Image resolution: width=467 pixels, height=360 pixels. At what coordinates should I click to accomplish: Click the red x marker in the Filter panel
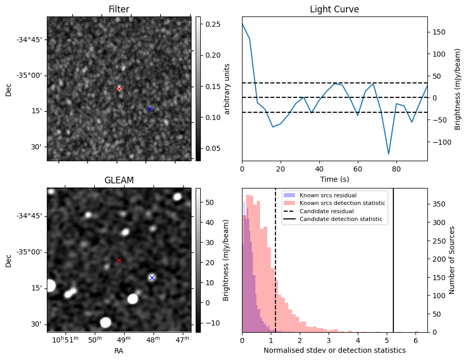119,89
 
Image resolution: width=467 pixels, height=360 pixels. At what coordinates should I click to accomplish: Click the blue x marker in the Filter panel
150,109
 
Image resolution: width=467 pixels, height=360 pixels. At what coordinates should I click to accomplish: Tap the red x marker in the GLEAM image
119,260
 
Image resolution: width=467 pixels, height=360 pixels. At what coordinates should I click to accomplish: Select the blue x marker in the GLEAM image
152,278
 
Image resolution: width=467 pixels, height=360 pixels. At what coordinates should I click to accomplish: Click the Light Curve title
334,9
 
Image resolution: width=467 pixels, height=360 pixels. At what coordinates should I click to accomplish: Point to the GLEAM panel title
119,180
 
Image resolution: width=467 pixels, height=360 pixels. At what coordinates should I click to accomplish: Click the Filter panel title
119,9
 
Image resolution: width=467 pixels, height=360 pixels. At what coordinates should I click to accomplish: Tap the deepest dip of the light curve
389,154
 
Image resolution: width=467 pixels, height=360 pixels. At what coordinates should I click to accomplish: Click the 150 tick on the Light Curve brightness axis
436,32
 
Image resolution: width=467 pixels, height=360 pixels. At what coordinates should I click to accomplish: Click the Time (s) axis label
334,179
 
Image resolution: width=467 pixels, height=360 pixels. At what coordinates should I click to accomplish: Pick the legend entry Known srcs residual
327,195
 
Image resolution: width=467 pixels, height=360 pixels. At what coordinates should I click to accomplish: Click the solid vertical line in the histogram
393,268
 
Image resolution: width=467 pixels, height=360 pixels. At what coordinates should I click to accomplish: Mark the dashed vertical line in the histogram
276,268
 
